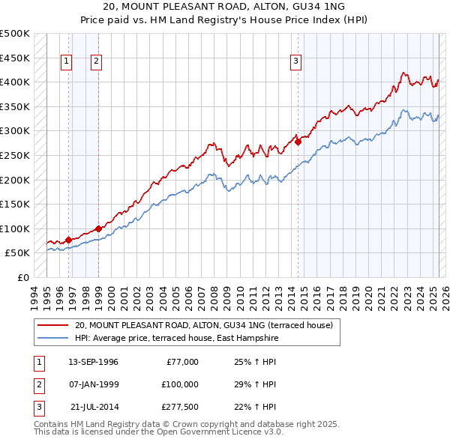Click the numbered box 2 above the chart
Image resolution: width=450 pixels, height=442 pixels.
point(97,62)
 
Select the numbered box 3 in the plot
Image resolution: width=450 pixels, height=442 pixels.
point(296,62)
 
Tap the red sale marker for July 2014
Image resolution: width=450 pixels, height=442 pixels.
point(298,141)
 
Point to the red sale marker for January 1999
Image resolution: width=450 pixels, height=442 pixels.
point(98,228)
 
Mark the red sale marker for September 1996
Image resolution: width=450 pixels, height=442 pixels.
point(68,240)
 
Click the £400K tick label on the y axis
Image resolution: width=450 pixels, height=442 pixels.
point(15,82)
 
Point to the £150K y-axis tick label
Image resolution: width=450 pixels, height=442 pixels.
point(15,204)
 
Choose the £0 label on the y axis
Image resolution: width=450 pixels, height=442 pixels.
point(22,277)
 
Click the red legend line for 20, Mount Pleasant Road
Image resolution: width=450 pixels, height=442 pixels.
point(53,325)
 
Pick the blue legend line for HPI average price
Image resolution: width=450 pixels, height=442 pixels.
point(53,339)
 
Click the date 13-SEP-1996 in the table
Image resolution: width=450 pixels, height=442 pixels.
point(93,362)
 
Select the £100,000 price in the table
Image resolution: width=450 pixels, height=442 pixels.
point(179,384)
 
